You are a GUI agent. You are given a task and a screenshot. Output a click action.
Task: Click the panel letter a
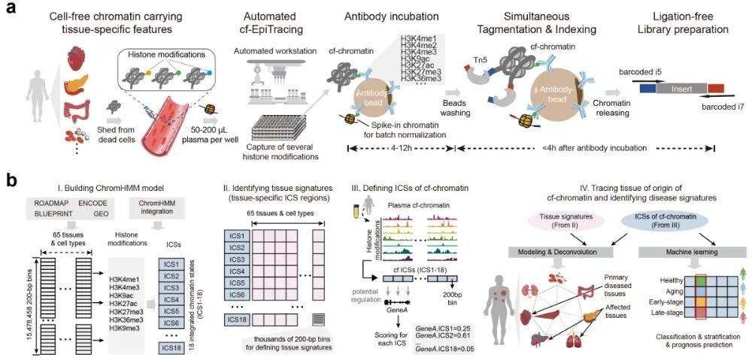[12, 13]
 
